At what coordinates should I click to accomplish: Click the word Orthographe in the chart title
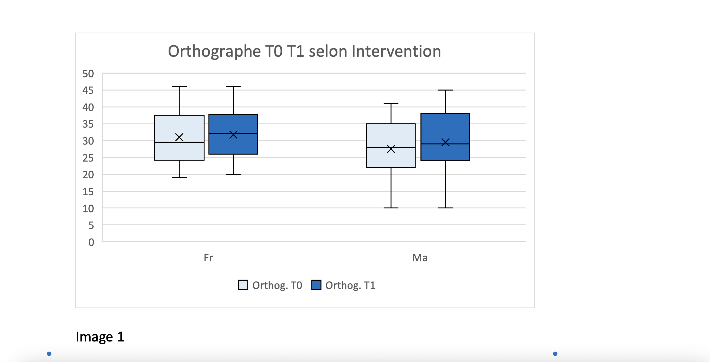click(x=214, y=51)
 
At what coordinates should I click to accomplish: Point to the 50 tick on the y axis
click(x=88, y=74)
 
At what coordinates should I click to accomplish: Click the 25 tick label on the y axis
click(x=88, y=158)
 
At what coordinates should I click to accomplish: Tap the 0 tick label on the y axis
click(x=91, y=242)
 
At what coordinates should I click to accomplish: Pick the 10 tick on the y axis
click(x=88, y=209)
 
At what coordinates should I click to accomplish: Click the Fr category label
click(x=208, y=258)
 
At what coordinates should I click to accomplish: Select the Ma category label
click(x=420, y=258)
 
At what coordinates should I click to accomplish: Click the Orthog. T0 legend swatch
click(x=243, y=285)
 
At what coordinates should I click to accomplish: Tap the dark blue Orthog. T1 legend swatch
click(x=316, y=285)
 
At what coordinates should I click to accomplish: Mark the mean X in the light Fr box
click(x=179, y=137)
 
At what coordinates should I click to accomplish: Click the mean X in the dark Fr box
click(x=233, y=134)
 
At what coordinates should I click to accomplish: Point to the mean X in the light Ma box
click(x=391, y=149)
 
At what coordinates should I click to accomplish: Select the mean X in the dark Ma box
click(x=445, y=142)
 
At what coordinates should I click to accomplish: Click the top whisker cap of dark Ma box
click(x=445, y=90)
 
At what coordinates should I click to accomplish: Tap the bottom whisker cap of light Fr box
click(x=179, y=177)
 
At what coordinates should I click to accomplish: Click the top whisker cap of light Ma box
click(x=391, y=104)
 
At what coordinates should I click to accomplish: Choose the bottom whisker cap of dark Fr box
click(x=233, y=174)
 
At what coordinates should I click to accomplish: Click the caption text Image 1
click(x=100, y=337)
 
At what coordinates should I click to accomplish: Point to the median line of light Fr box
click(x=179, y=142)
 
